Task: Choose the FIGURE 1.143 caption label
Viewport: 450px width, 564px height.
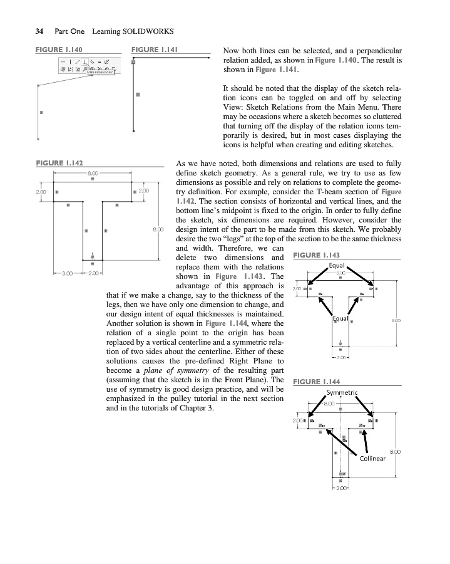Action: [316, 255]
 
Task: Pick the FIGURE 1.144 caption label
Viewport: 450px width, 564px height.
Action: [316, 382]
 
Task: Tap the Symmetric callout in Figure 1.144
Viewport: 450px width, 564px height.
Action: [341, 393]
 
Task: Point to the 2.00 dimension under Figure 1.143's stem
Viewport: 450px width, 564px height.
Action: [341, 358]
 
